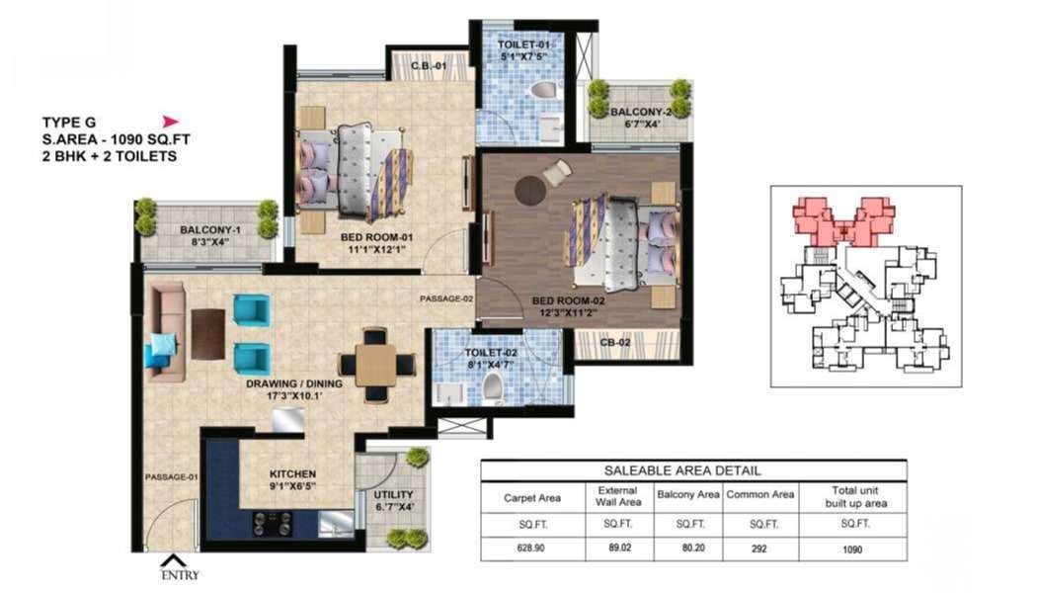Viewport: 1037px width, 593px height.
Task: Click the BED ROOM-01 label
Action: coord(377,237)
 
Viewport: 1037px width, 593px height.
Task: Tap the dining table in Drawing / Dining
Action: coord(375,365)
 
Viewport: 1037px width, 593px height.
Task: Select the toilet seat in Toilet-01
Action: coord(545,89)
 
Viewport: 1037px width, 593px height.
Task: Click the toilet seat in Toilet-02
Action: coord(493,388)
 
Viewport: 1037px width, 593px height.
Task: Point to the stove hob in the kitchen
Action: coord(272,524)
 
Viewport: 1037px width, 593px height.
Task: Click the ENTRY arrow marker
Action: coord(171,560)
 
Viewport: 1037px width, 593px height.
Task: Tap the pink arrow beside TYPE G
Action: coord(171,122)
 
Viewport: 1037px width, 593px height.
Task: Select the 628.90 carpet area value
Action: coord(531,548)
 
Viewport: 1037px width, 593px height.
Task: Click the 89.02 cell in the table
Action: coord(618,548)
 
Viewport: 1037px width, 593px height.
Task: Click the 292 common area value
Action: coord(759,549)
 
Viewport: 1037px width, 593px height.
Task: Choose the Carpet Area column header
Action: coord(532,498)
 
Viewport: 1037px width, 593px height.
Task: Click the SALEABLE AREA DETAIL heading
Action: coord(682,470)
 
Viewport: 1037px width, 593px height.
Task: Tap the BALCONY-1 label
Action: coord(206,230)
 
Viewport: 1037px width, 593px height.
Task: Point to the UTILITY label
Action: coord(393,494)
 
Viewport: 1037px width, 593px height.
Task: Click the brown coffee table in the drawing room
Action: coord(207,334)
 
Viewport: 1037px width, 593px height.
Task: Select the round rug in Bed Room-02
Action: coord(530,191)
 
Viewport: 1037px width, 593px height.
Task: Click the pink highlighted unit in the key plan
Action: coord(843,221)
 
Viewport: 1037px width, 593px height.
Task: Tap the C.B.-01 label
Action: coord(429,66)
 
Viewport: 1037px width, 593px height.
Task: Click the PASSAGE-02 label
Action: coord(446,299)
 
